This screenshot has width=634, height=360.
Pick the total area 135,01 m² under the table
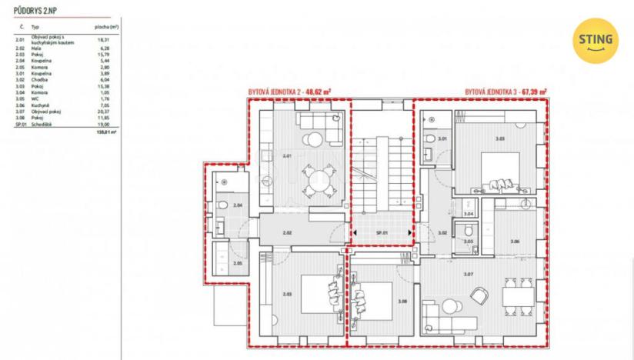[x=106, y=132]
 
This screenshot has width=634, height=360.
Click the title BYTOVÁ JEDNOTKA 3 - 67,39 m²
[x=506, y=92]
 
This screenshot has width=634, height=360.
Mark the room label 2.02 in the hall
[x=287, y=232]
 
